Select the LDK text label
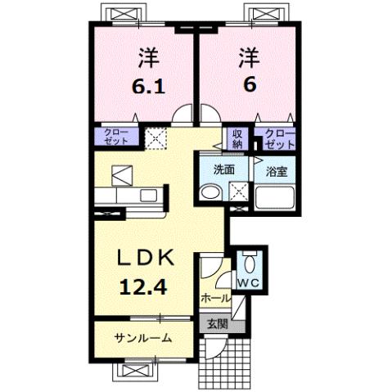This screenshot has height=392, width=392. pyautogui.click(x=146, y=259)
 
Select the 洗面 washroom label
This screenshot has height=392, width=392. pyautogui.click(x=224, y=170)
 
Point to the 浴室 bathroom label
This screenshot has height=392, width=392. pyautogui.click(x=274, y=171)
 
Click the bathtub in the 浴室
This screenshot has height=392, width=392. pyautogui.click(x=274, y=196)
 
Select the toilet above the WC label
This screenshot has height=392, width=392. pyautogui.click(x=249, y=263)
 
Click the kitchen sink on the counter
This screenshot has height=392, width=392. pyautogui.click(x=151, y=195)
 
